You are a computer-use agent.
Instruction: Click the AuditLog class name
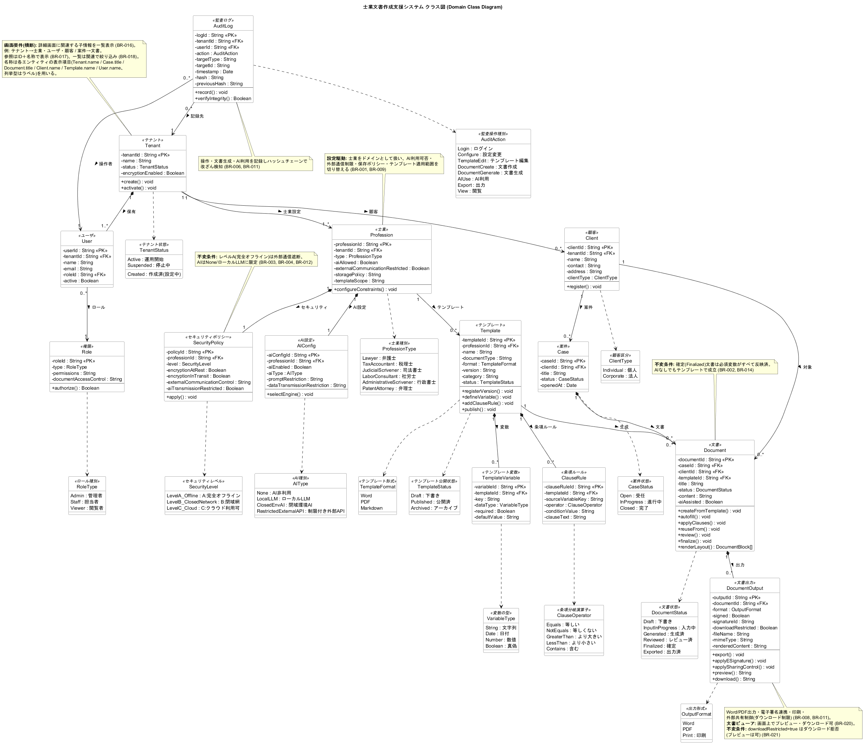pyautogui.click(x=223, y=26)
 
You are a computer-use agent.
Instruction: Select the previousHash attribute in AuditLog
pyautogui.click(x=219, y=84)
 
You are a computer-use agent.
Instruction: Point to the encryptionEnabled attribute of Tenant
pyautogui.click(x=153, y=173)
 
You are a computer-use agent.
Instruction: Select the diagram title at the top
pyautogui.click(x=433, y=7)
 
